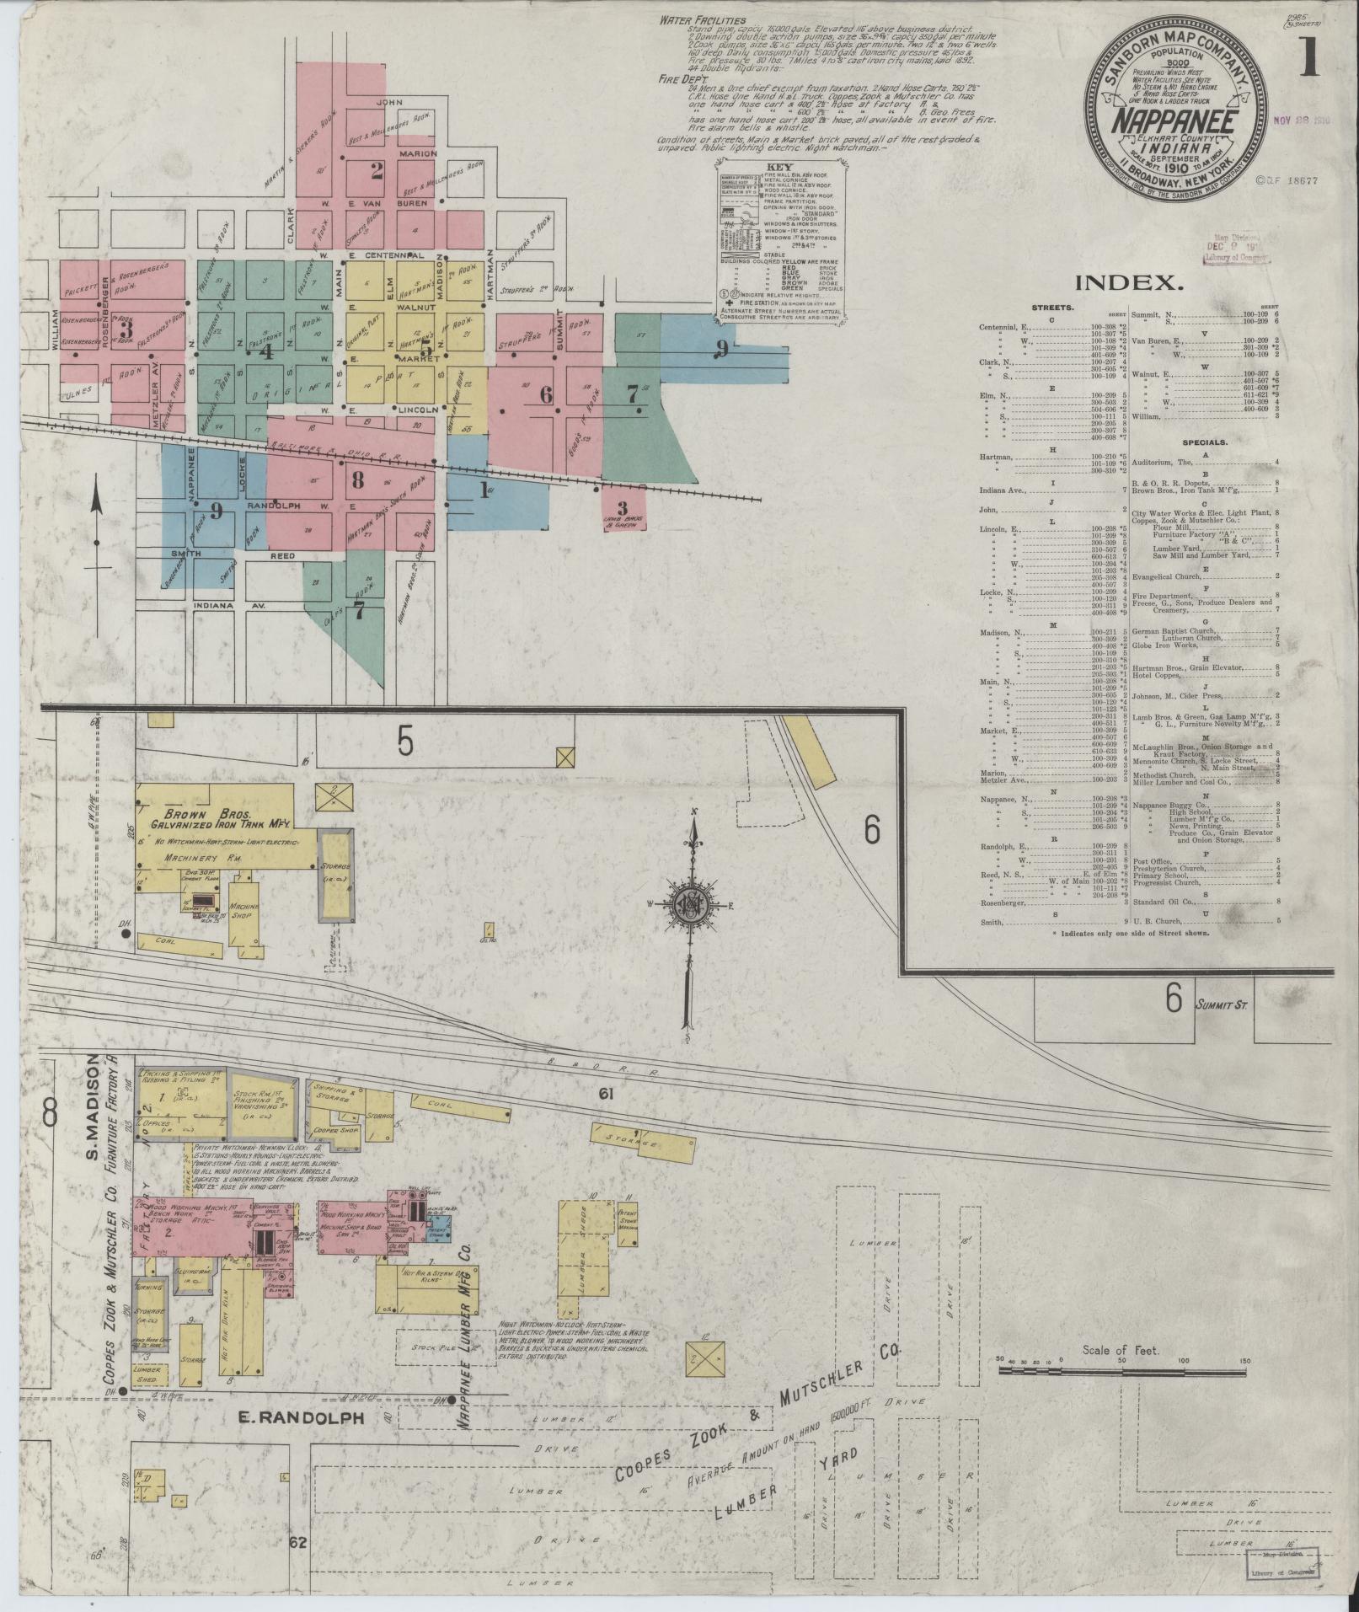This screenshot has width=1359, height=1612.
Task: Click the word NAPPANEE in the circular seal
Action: click(x=1176, y=123)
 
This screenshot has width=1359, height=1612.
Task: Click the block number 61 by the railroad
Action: click(x=605, y=1094)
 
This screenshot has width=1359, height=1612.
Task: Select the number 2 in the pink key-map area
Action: click(x=376, y=171)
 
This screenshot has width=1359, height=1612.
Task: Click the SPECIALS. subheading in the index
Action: click(x=1203, y=442)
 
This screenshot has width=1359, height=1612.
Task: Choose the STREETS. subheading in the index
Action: click(x=1051, y=308)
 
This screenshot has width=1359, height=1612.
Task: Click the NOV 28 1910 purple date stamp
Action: click(x=1303, y=120)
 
